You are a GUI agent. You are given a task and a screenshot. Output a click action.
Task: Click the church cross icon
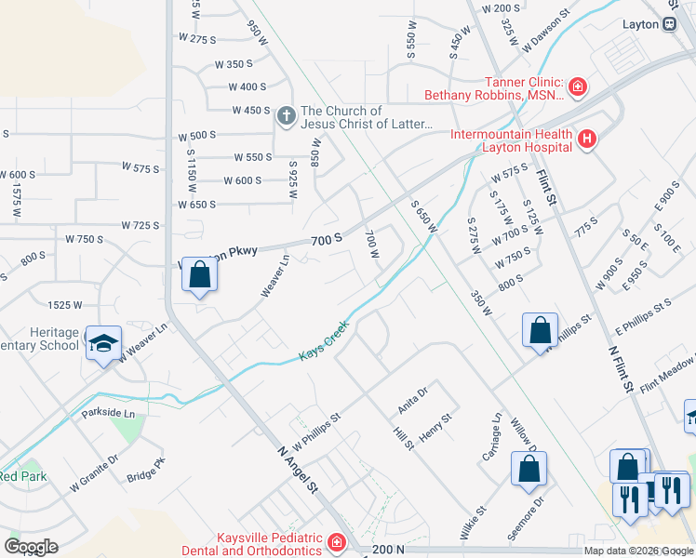point(287,118)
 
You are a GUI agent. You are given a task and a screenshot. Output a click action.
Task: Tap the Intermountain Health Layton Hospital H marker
point(587,140)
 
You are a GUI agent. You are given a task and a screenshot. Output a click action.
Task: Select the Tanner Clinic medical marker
point(578,87)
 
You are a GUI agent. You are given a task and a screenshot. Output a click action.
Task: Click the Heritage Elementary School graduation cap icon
point(103,343)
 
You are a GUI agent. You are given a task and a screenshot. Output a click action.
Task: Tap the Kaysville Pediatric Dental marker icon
point(335,542)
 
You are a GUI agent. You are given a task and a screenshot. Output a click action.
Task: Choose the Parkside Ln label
point(108,412)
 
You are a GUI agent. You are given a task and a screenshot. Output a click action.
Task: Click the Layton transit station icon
point(669,25)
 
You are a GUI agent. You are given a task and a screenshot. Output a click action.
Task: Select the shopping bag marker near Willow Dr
point(529,470)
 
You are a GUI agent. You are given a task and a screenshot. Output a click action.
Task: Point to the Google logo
point(31,547)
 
